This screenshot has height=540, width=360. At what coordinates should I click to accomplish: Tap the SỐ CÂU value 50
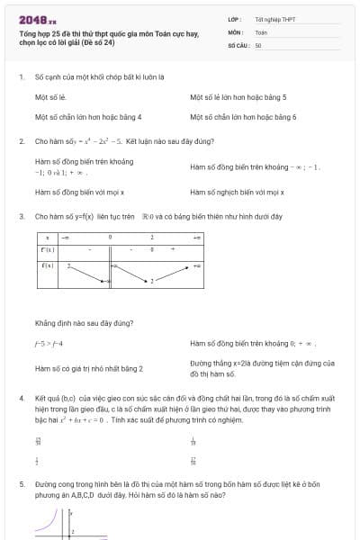[x=258, y=44]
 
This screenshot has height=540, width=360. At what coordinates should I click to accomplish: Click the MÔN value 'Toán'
[x=261, y=31]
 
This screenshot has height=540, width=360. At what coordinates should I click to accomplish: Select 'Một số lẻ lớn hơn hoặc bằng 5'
[x=238, y=96]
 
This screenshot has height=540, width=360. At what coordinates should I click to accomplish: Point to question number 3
[x=21, y=217]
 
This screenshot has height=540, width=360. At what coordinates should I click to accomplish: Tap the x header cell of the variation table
[x=47, y=238]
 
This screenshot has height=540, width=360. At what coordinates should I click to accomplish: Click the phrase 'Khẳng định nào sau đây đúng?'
[x=85, y=322]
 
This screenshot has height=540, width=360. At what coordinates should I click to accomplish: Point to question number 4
[x=21, y=397]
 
